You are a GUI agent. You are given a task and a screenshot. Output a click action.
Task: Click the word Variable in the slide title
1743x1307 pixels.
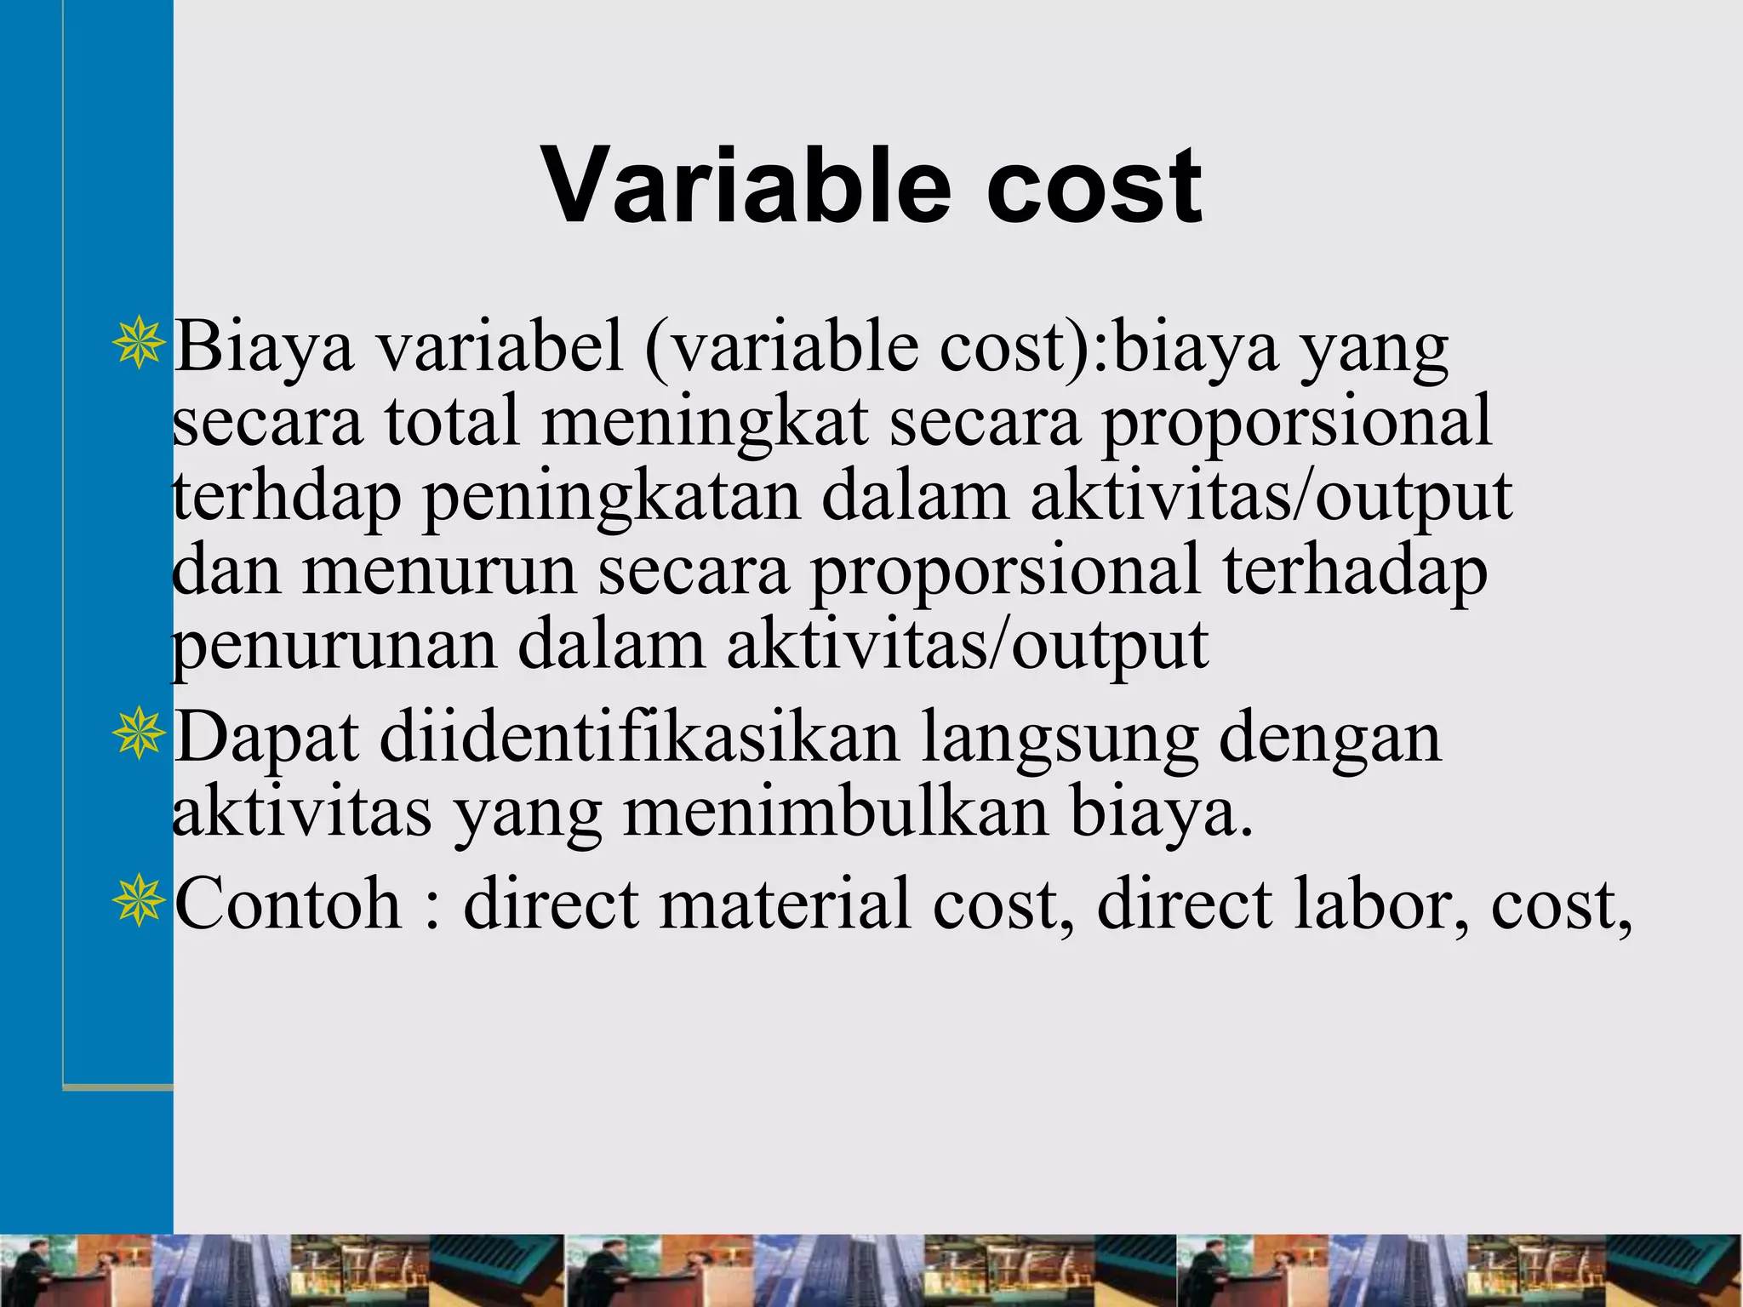coord(746,185)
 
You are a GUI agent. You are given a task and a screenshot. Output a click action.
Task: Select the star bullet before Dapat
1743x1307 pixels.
coord(137,734)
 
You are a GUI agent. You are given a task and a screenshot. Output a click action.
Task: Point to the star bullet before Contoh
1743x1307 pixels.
coord(137,901)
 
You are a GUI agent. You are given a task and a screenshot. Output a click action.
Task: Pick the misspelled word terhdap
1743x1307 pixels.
coord(286,497)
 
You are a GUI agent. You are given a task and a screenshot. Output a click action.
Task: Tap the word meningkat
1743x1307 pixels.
coord(705,422)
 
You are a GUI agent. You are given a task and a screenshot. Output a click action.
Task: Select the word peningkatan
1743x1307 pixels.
coord(611,497)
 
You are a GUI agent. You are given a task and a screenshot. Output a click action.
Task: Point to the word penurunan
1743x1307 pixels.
coord(334,646)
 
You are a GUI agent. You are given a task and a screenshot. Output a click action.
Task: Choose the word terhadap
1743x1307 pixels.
coord(1355,572)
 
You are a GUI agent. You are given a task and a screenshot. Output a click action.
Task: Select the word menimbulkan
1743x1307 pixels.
coord(835,812)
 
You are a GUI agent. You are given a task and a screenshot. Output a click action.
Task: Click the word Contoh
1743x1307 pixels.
coord(288,904)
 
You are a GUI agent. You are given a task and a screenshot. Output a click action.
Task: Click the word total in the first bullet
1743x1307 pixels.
coord(451,422)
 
